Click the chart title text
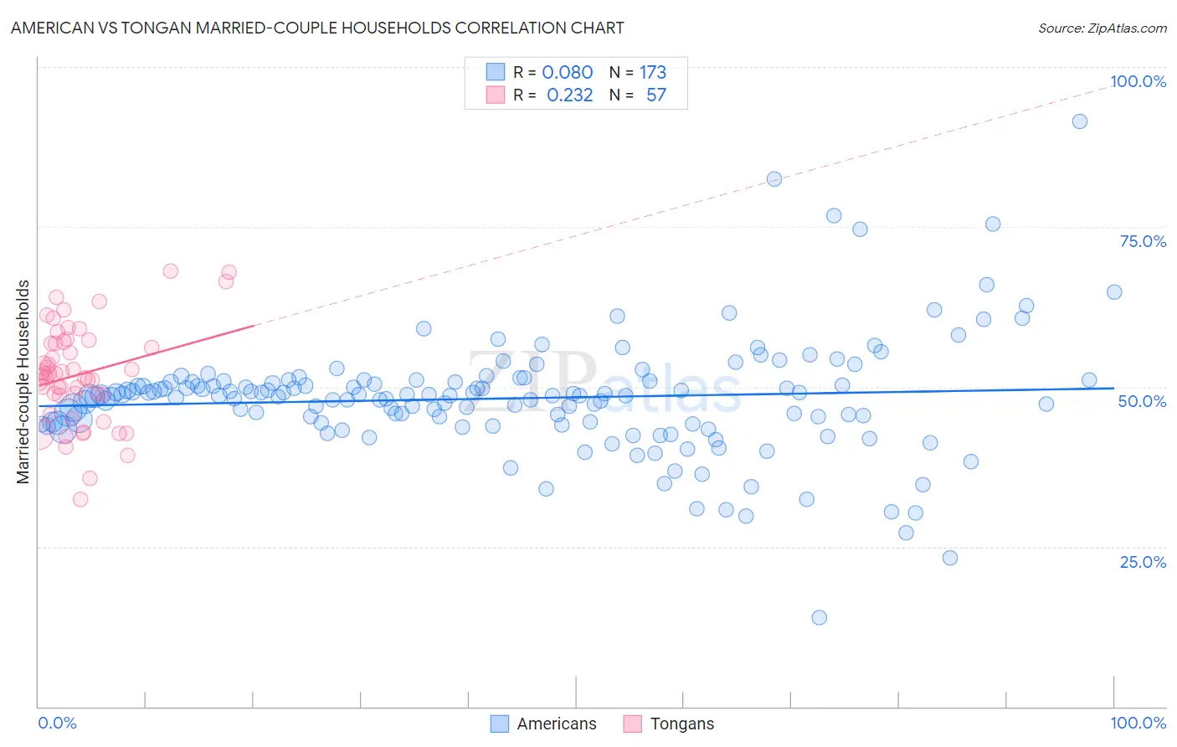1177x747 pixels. pos(318,28)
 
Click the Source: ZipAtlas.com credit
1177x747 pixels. pos(1102,28)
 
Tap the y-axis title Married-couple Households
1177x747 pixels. pos(23,382)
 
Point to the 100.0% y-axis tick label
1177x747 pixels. pos(1138,81)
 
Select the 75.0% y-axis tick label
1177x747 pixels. pos(1143,241)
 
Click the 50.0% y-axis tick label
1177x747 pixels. pos(1142,401)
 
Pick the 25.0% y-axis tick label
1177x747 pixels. pos(1143,562)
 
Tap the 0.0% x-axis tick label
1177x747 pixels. pos(57,723)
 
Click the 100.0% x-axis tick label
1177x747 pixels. pos(1138,723)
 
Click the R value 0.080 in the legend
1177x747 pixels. pos(568,73)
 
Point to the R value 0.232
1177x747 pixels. pos(569,95)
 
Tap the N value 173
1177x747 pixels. pos(653,73)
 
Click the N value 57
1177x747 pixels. pos(655,95)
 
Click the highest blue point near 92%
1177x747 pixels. pos(1080,121)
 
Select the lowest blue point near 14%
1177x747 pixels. pos(820,617)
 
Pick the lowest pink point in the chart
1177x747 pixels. pos(80,499)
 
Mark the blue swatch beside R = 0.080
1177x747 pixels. pos(496,72)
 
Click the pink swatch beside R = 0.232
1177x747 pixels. pos(496,95)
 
